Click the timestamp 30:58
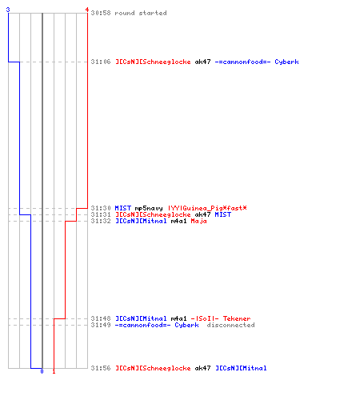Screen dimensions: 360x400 tap(101, 13)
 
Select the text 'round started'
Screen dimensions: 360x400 tap(141, 13)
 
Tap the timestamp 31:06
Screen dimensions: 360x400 tap(101, 62)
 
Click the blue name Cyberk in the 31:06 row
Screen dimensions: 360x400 tap(286, 62)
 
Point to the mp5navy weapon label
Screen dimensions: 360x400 tap(149, 208)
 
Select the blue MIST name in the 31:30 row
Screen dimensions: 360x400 tap(123, 208)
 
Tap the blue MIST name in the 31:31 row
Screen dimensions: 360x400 tap(223, 214)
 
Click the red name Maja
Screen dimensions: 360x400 tap(198, 221)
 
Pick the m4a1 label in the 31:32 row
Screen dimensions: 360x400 tap(178, 221)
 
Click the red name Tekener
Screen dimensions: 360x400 tap(237, 318)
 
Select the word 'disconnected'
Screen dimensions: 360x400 tap(230, 325)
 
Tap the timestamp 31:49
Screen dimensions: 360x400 tap(101, 325)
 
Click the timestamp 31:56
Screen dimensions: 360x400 tap(101, 368)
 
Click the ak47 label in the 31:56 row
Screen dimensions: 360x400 tap(202, 368)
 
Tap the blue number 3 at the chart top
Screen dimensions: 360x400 tap(8, 10)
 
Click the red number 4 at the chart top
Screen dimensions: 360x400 tap(87, 10)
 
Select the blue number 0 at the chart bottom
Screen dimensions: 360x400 tap(42, 371)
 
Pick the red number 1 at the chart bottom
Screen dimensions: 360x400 tap(54, 371)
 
